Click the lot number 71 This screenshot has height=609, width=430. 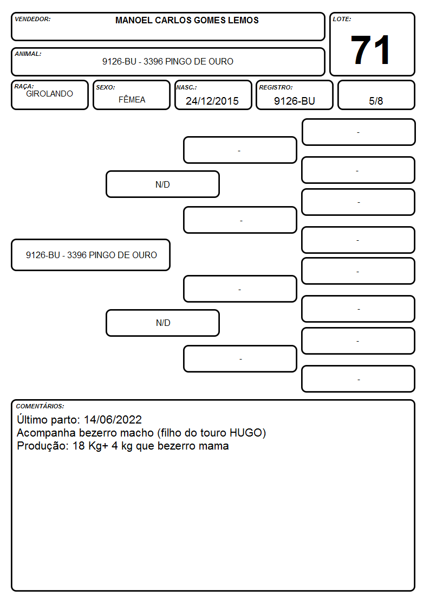370,50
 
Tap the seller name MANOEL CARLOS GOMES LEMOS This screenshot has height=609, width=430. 187,20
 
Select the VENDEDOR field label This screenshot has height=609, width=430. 32,19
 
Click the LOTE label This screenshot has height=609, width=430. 342,19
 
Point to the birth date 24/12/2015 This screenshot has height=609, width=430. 212,101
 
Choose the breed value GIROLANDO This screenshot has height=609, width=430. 49,94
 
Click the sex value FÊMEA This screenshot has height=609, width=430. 132,99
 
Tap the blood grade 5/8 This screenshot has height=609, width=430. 376,101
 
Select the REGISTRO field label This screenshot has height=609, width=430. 276,87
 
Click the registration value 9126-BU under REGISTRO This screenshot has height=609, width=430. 294,101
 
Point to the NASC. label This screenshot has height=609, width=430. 186,87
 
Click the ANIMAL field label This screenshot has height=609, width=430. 28,54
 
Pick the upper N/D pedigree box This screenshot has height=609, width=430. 162,184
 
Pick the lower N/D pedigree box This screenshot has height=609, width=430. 162,323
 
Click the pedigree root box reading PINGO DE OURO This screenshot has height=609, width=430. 91,255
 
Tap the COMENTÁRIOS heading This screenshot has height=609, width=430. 40,406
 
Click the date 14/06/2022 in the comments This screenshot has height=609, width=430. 113,419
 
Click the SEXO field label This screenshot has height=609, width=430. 106,87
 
